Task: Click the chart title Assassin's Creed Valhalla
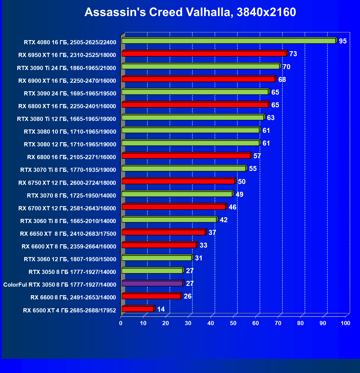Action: coord(190,12)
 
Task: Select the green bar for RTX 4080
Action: coord(228,41)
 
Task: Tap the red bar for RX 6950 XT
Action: coord(204,54)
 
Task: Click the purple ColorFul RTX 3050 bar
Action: coord(152,284)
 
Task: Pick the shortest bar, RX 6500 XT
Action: coord(137,309)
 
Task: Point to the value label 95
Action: coord(343,41)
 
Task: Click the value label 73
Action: coord(293,54)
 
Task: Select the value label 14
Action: coord(161,309)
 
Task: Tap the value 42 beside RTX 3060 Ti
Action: coord(223,220)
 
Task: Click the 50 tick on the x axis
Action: coord(233,323)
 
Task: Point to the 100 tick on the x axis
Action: coord(345,323)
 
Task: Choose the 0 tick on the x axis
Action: coord(121,323)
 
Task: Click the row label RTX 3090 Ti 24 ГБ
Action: coord(66,68)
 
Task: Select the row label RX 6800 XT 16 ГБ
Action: coord(67,106)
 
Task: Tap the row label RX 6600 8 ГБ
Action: coord(73,297)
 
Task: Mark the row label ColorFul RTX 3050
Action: coord(60,285)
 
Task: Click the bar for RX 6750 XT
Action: coord(178,181)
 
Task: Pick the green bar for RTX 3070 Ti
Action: coord(184,169)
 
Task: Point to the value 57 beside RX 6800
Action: coord(257,156)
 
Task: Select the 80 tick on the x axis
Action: coord(300,323)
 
